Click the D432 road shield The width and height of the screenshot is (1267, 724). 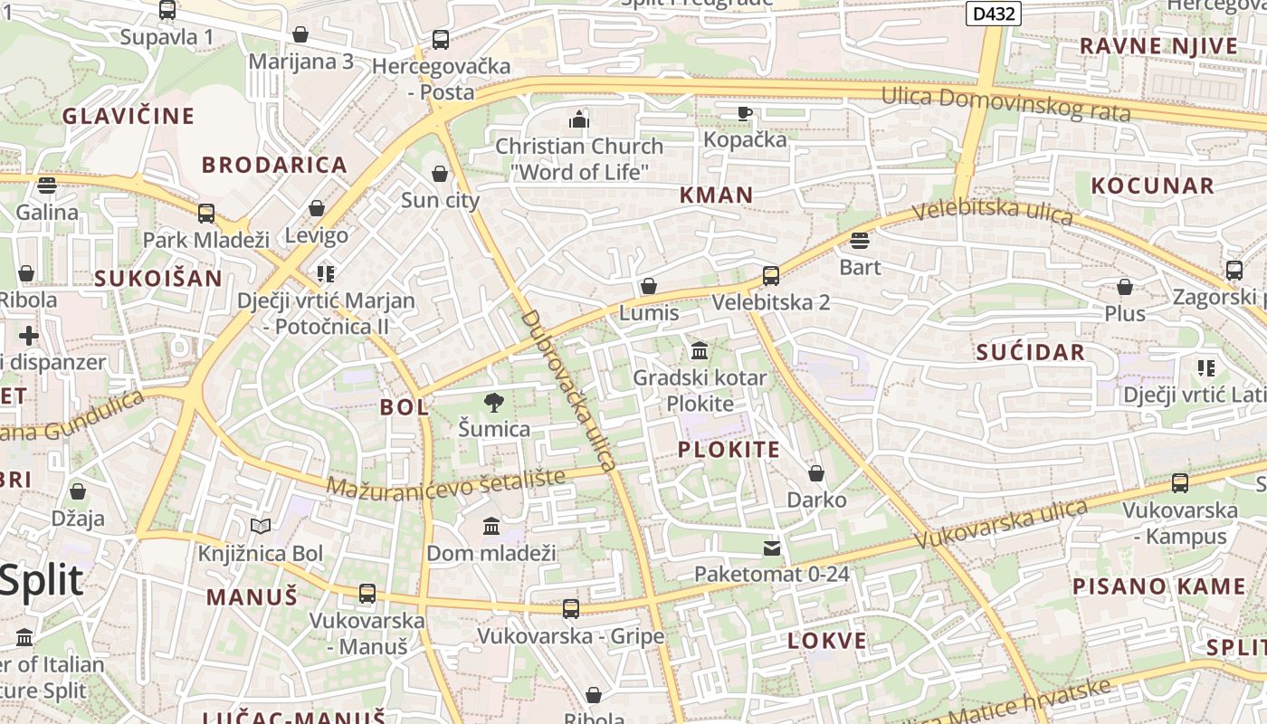pyautogui.click(x=994, y=14)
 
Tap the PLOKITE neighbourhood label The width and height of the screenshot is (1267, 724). pyautogui.click(x=729, y=450)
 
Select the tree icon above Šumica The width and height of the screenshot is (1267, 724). pyautogui.click(x=494, y=402)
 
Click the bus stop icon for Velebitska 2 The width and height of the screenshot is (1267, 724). pyautogui.click(x=771, y=276)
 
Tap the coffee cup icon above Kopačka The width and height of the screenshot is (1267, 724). pyautogui.click(x=745, y=113)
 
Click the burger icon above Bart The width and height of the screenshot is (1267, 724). pyautogui.click(x=860, y=241)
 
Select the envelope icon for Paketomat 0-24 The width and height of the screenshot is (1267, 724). pyautogui.click(x=772, y=548)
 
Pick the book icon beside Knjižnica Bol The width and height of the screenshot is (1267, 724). pyautogui.click(x=261, y=526)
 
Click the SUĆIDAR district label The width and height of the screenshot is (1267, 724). pyautogui.click(x=1030, y=353)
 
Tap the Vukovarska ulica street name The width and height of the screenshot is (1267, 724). pyautogui.click(x=1001, y=524)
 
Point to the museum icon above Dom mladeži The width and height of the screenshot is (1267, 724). pyautogui.click(x=491, y=526)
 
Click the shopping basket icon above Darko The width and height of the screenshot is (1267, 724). pyautogui.click(x=816, y=473)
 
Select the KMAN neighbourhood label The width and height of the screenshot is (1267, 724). pyautogui.click(x=716, y=195)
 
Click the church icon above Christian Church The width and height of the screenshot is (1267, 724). pyautogui.click(x=579, y=119)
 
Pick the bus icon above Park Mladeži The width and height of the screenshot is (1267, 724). pyautogui.click(x=206, y=214)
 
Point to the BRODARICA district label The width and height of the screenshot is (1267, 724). pyautogui.click(x=274, y=165)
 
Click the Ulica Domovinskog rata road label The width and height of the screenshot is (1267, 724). pyautogui.click(x=1005, y=103)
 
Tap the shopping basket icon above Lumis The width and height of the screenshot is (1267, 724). pyautogui.click(x=649, y=287)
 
